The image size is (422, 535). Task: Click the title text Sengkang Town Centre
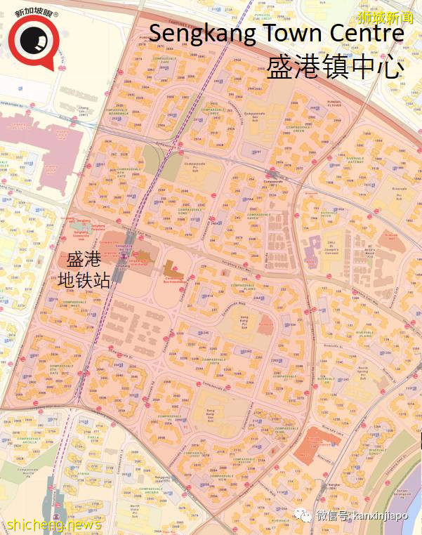point(276,33)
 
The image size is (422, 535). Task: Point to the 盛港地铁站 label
point(84,269)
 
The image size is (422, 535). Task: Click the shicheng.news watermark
point(53,524)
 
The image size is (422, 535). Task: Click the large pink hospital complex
point(35,133)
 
